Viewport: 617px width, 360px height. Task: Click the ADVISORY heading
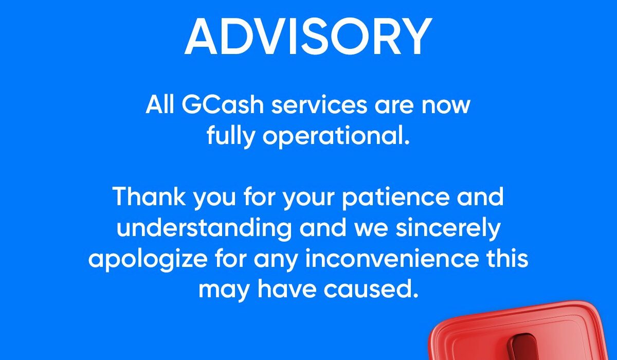coord(308,37)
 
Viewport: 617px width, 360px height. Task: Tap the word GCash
coord(223,104)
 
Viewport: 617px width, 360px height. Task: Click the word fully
coord(231,136)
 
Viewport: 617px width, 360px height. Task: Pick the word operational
coord(336,136)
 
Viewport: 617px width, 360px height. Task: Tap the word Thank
coord(149,196)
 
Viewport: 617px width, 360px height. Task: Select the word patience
coord(396,197)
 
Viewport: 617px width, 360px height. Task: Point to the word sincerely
coord(448,228)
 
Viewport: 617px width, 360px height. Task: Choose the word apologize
coord(148,260)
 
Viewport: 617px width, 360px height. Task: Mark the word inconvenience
coord(392,258)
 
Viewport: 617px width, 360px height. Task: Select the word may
coord(224,291)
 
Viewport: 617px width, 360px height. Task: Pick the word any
coord(276,262)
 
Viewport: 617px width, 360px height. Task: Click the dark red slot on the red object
coord(523,347)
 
